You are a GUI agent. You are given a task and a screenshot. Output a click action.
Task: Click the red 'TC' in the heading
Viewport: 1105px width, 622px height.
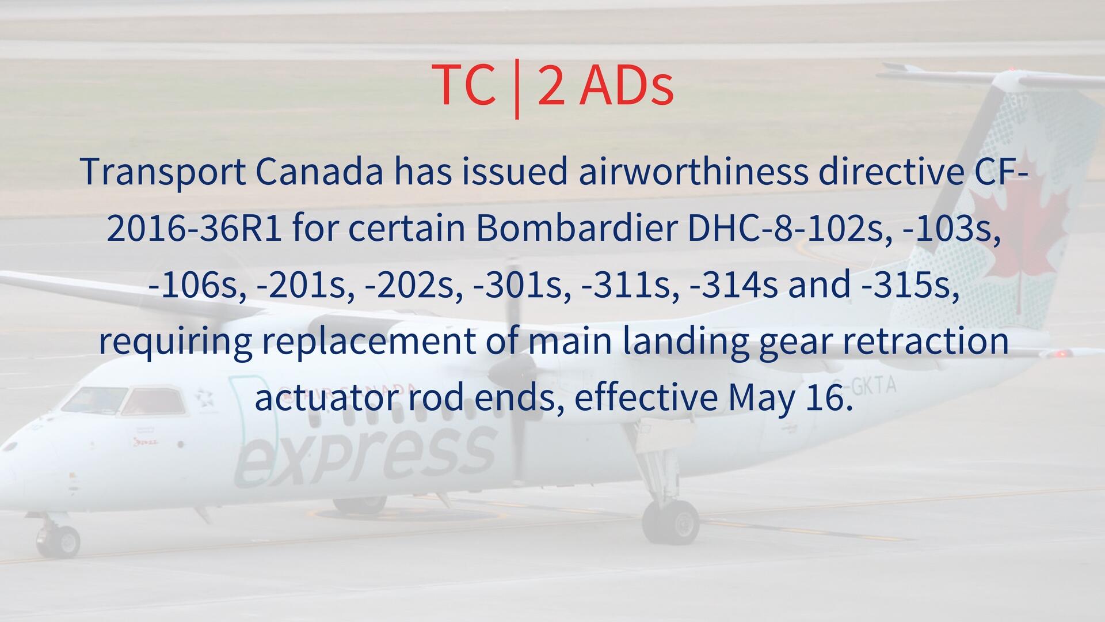point(463,85)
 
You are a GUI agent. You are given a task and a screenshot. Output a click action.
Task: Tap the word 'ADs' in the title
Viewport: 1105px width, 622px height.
point(626,85)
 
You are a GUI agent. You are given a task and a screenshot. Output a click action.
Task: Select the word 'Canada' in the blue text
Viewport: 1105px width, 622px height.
point(319,172)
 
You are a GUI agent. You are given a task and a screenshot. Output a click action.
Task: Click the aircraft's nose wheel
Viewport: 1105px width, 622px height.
point(62,540)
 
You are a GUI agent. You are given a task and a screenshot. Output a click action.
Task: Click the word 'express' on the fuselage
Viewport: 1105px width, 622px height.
point(365,456)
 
